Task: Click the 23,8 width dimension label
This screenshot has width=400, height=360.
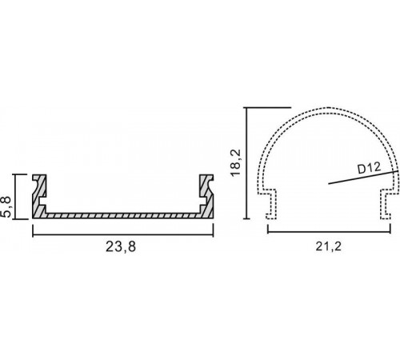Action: (121, 246)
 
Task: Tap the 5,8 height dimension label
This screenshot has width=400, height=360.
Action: (6, 206)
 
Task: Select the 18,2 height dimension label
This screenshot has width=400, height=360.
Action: (236, 162)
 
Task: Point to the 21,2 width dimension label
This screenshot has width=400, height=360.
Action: (328, 246)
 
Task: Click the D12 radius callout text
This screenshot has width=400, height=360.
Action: (369, 168)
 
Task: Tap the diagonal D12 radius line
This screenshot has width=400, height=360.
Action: (363, 177)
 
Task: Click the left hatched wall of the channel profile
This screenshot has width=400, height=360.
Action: (39, 196)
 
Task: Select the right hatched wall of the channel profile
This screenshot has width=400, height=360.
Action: (206, 196)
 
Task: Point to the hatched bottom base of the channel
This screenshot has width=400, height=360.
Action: (123, 216)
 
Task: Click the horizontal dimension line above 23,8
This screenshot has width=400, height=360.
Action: (123, 235)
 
